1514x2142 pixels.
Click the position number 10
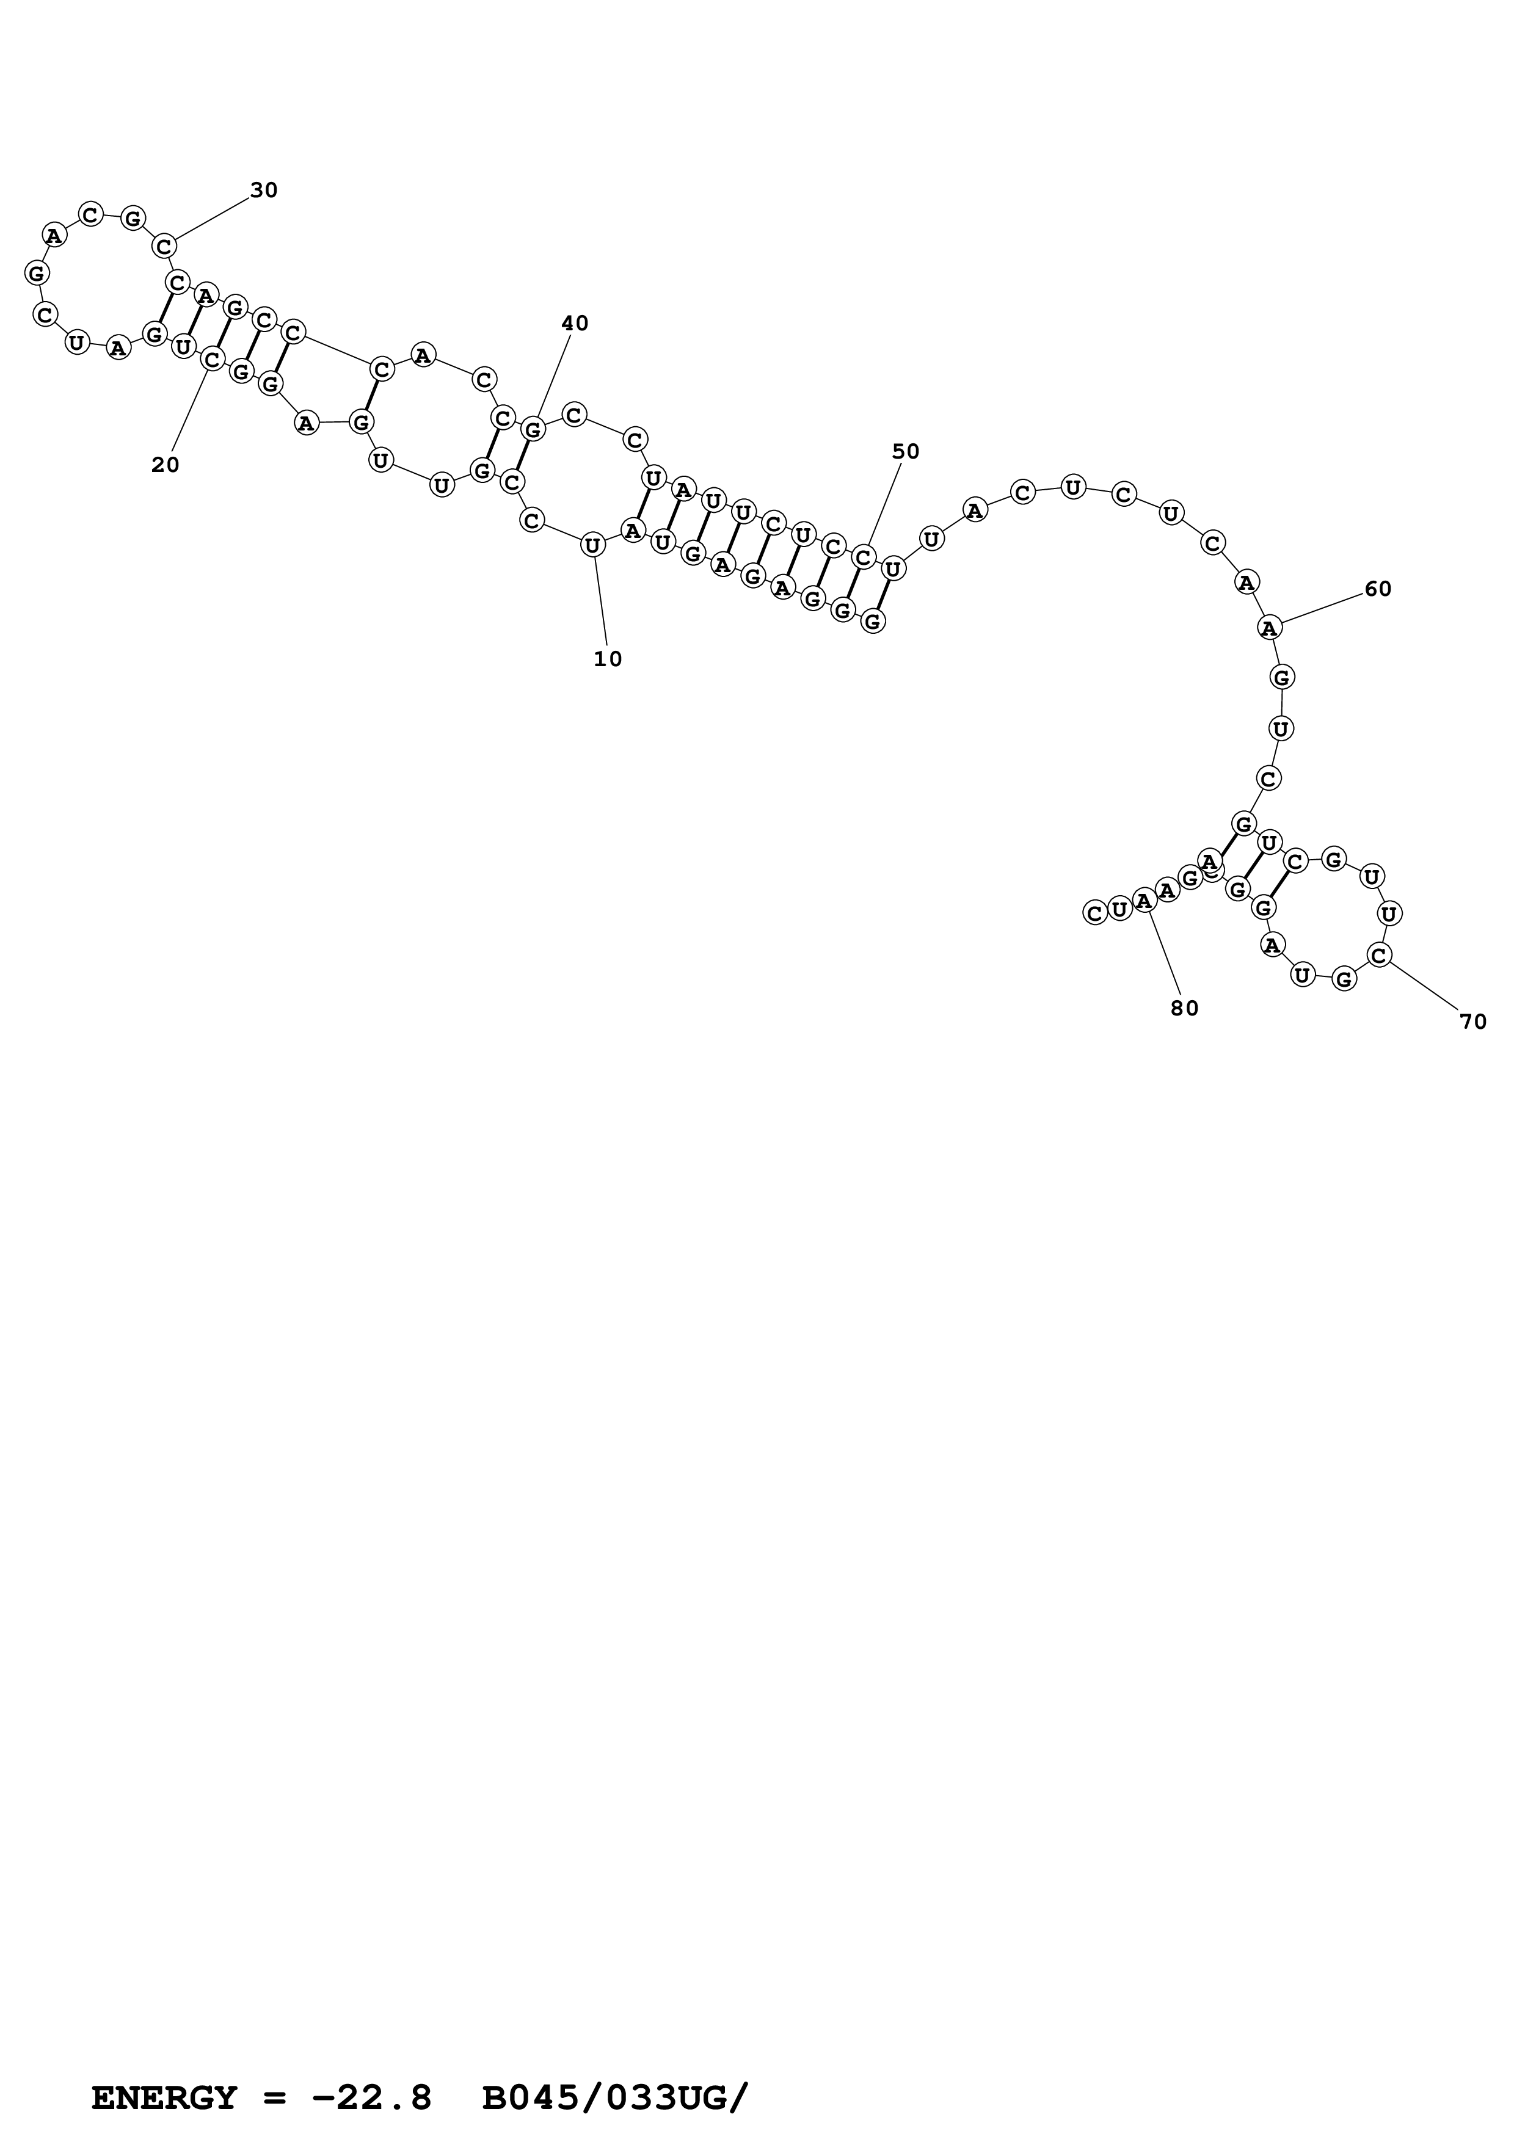607,659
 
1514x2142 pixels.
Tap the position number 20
165,465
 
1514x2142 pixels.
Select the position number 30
264,191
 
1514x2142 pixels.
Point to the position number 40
575,324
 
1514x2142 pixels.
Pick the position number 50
906,451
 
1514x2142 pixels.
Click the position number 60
1378,589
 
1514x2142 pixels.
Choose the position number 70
1473,1022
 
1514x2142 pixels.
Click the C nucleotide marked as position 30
165,246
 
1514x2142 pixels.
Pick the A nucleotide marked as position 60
1268,628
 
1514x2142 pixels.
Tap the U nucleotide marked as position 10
592,544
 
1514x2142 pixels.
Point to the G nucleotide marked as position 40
533,429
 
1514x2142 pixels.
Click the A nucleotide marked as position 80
1145,901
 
